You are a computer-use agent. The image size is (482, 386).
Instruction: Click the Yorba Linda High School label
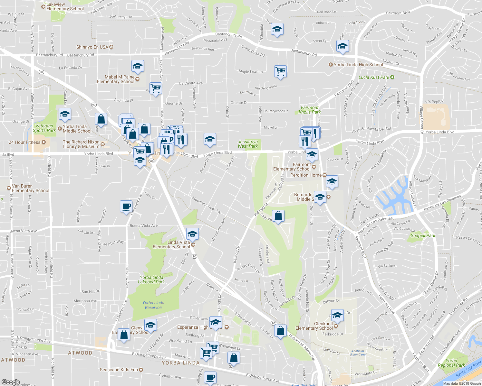358,65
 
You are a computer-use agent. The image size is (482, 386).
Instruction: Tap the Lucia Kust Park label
374,77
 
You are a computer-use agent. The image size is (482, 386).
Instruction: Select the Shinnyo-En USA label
92,47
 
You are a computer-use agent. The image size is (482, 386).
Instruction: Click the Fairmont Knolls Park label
310,110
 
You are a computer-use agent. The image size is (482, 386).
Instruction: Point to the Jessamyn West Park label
248,144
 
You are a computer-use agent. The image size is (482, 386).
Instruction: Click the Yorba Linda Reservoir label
153,305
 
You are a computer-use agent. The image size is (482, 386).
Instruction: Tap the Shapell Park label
423,235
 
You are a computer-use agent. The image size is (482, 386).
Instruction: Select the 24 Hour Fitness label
24,142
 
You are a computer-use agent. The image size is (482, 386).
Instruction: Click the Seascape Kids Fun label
119,370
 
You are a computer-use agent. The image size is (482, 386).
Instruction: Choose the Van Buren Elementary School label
30,188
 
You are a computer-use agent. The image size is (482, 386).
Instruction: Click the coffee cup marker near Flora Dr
126,206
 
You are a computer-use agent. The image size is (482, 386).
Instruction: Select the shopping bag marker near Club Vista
278,216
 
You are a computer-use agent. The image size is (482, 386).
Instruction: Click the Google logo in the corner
11,382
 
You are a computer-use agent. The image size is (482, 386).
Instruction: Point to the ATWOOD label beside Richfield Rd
13,360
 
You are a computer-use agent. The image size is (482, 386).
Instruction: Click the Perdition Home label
306,175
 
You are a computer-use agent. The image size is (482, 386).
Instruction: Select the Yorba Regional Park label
451,363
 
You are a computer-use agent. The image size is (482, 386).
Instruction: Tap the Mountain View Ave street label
207,205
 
